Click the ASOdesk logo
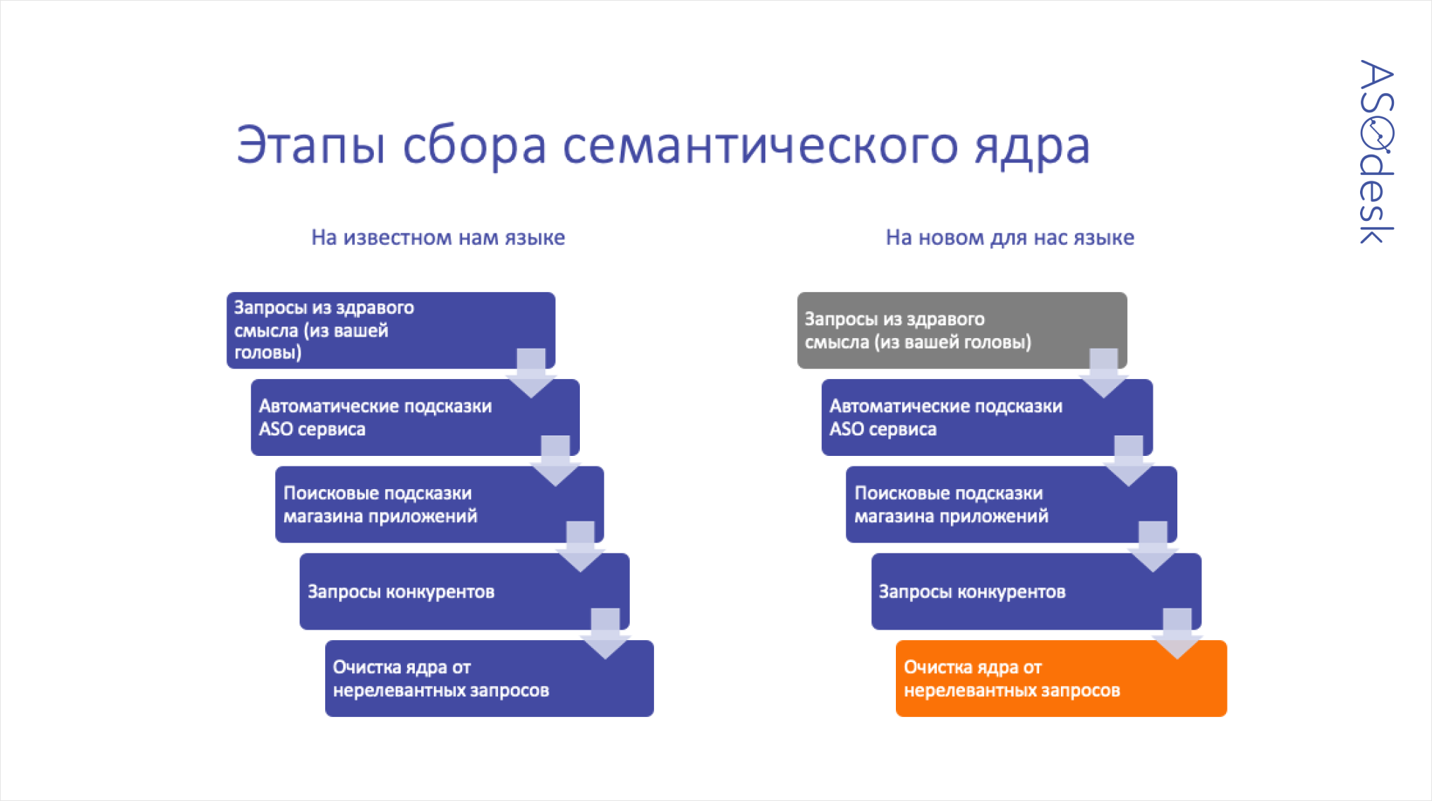pos(1376,152)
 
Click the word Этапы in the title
pos(311,145)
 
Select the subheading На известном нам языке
pos(438,238)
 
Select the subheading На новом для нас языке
pos(1009,238)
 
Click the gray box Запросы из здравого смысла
pos(961,330)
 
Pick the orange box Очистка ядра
pos(1061,678)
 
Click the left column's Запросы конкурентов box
pos(464,591)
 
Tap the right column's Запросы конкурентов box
pos(1036,591)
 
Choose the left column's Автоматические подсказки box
pos(415,417)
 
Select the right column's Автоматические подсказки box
pos(987,417)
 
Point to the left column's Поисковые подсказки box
pos(439,504)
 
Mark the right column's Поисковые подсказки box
pos(1012,504)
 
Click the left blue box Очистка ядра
pos(490,678)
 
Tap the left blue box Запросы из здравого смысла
pos(391,330)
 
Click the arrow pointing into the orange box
pos(1177,633)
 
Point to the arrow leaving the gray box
pos(1103,373)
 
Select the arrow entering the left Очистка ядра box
pos(605,633)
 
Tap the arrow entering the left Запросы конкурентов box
pos(581,546)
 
